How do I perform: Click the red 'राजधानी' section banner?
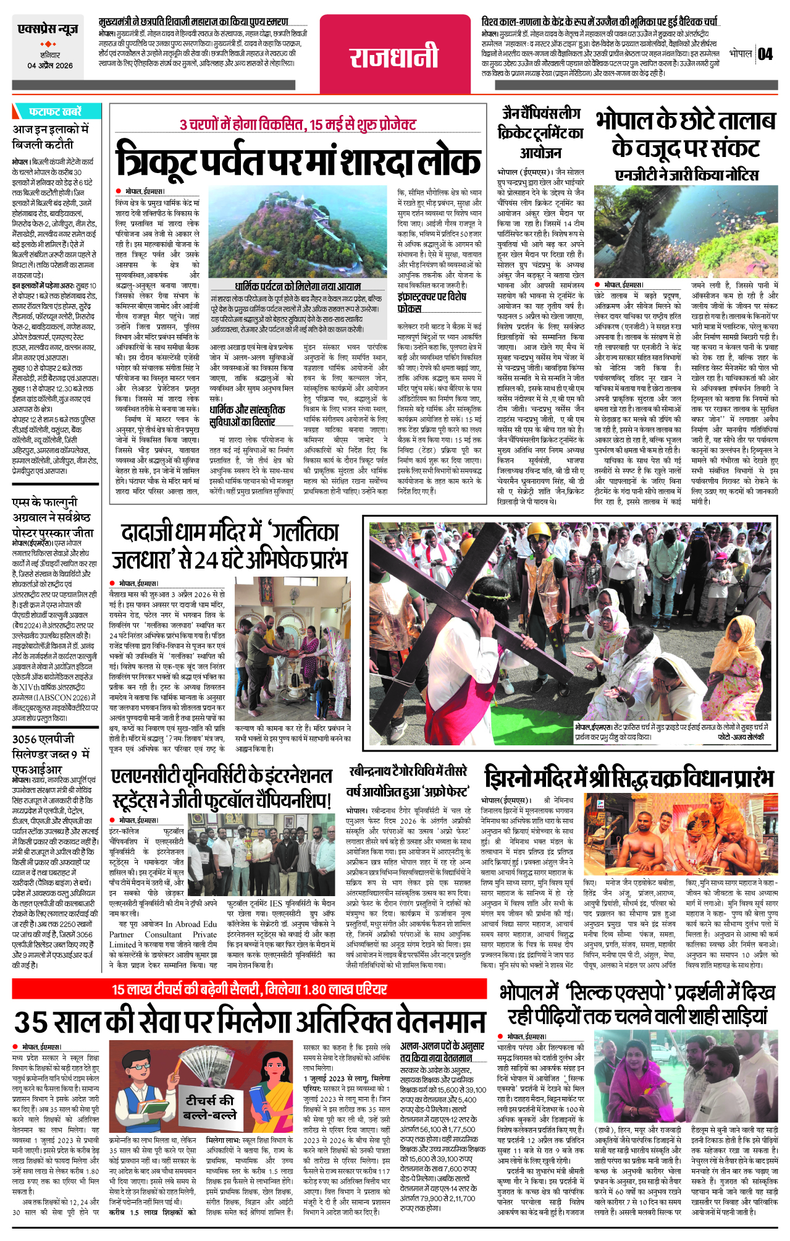pyautogui.click(x=394, y=57)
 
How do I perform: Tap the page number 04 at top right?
pyautogui.click(x=765, y=54)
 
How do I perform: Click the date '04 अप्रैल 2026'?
pyautogui.click(x=50, y=66)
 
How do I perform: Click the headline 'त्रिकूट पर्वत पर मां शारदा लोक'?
pyautogui.click(x=298, y=160)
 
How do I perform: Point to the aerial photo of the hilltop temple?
pyautogui.click(x=298, y=235)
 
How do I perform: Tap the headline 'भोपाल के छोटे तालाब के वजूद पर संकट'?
pyautogui.click(x=686, y=135)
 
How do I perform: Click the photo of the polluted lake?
pyautogui.click(x=686, y=231)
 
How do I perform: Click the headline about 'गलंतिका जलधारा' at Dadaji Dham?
pyautogui.click(x=230, y=546)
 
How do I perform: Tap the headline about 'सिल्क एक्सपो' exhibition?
pyautogui.click(x=637, y=1005)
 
